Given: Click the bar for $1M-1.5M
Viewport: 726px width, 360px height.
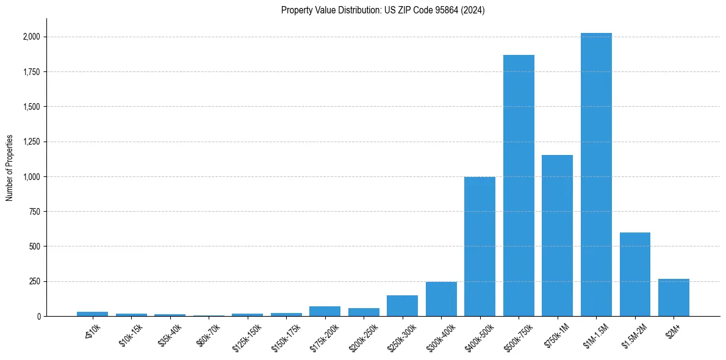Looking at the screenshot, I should point(596,175).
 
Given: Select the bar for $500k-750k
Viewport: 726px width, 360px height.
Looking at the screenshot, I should point(519,185).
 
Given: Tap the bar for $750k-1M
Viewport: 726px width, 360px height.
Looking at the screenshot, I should point(557,236).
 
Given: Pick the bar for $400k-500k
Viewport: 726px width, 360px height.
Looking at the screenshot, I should point(480,247).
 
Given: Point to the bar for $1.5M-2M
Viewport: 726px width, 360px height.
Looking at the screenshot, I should point(634,275).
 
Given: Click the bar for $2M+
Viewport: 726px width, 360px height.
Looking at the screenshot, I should point(674,298).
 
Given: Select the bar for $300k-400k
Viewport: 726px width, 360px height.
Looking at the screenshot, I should point(441,299).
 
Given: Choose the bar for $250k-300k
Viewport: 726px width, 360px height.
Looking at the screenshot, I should point(402,306).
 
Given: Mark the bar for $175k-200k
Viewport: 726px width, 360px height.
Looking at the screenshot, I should point(325,311).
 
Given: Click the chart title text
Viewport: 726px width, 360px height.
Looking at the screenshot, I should point(383,10).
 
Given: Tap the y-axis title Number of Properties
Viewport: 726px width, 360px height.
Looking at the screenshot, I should point(10,167).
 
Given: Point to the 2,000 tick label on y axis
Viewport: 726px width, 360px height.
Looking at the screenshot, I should point(31,37).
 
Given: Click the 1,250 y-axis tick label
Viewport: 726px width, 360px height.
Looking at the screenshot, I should point(31,142).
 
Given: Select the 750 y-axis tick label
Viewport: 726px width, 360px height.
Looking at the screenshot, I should point(35,212).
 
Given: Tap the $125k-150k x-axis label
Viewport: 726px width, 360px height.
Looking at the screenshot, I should point(246,335).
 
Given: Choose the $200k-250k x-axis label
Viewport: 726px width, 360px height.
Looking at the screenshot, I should point(363,335).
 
